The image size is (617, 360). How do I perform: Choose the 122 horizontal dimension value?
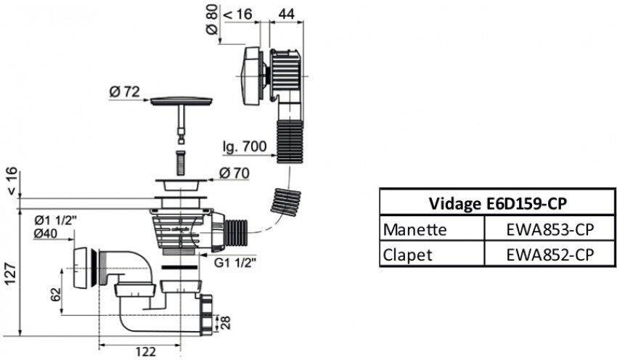point(147,352)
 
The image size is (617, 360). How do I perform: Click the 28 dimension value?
point(226,321)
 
